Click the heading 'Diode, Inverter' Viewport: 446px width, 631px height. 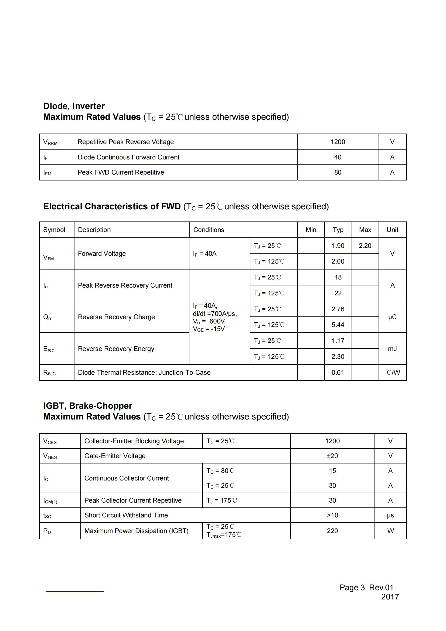tap(74, 106)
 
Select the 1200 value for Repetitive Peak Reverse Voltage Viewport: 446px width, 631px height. tap(338, 142)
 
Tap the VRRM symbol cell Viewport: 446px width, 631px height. tap(50, 142)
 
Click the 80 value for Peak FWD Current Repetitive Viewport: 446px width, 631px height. tap(338, 172)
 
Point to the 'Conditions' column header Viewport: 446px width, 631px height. tap(209, 230)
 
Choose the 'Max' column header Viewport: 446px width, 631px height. tap(365, 230)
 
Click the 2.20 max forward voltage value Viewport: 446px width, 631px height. tap(365, 246)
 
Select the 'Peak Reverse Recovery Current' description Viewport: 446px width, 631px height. tap(125, 285)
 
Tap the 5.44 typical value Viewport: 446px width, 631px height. tap(338, 325)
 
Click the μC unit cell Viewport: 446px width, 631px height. tap(392, 317)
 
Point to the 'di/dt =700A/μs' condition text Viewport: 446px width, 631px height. tap(215, 313)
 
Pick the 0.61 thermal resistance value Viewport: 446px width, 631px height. tap(338, 372)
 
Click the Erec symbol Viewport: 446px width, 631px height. tap(49, 349)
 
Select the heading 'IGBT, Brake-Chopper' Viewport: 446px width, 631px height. tap(87, 406)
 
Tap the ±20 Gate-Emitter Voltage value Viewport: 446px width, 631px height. tap(332, 456)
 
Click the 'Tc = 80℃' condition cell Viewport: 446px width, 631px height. tap(220, 471)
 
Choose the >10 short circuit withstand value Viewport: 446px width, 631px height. tap(332, 515)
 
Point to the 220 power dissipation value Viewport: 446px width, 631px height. tap(332, 531)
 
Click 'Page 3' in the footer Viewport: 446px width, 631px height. tap(352, 588)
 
